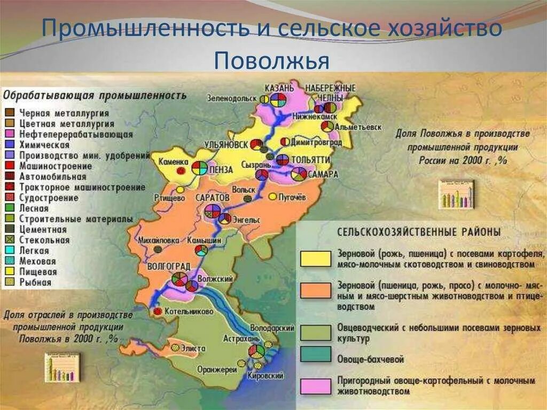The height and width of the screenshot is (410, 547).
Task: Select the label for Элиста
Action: click(192, 349)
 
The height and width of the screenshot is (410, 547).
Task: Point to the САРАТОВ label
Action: click(213, 197)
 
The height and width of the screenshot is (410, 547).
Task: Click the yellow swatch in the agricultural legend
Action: click(315, 258)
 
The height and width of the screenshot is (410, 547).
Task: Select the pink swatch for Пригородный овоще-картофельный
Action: click(315, 386)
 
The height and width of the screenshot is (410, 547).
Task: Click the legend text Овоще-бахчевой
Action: click(371, 360)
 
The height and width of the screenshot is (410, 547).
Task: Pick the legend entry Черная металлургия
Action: click(64, 113)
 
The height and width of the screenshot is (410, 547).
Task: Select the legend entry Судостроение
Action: click(49, 198)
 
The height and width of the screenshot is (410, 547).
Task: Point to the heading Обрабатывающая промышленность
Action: click(95, 96)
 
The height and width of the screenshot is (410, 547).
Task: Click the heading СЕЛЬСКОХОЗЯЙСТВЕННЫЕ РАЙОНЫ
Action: click(418, 232)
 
